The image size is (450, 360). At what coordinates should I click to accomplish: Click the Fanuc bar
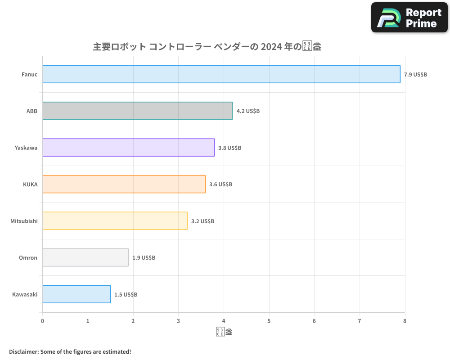pyautogui.click(x=221, y=74)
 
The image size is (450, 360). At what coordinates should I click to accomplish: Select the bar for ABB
pyautogui.click(x=138, y=111)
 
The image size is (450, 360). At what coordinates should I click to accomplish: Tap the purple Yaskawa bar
pyautogui.click(x=129, y=148)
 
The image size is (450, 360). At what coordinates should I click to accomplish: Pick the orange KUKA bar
pyautogui.click(x=124, y=184)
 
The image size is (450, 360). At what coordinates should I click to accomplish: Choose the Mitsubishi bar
pyautogui.click(x=115, y=221)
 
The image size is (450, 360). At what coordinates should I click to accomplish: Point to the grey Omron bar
pyautogui.click(x=85, y=257)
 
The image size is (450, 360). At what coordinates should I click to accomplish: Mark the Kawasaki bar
pyautogui.click(x=76, y=294)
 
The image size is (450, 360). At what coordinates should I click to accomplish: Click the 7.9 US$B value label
pyautogui.click(x=415, y=75)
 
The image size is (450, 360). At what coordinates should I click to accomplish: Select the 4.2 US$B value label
pyautogui.click(x=248, y=111)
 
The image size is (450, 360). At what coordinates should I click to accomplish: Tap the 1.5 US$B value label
pyautogui.click(x=126, y=295)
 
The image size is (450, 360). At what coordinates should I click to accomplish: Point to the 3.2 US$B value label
pyautogui.click(x=202, y=221)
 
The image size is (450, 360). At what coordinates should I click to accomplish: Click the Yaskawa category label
pyautogui.click(x=26, y=148)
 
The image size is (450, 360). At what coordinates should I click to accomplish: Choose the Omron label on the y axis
pyautogui.click(x=28, y=258)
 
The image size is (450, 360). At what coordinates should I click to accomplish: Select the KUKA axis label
pyautogui.click(x=30, y=184)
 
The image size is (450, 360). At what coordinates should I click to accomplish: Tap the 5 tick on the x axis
pyautogui.click(x=269, y=321)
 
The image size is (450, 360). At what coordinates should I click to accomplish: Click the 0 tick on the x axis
pyautogui.click(x=43, y=321)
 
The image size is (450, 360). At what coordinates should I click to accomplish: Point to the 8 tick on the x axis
pyautogui.click(x=405, y=321)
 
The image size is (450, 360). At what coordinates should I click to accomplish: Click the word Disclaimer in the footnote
pyautogui.click(x=23, y=351)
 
